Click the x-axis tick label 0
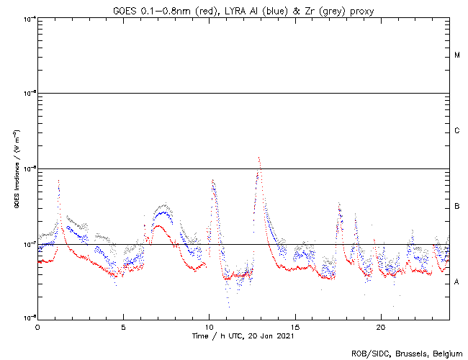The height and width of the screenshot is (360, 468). pos(37,326)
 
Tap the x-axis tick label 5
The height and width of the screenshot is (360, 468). pos(123,326)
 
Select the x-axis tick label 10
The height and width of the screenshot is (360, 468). pos(209,326)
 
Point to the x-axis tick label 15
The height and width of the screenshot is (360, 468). pos(295,326)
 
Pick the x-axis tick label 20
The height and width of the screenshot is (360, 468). pos(381,326)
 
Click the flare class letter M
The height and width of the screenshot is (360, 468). pos(457,55)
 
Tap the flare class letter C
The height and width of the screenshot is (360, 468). pos(457,131)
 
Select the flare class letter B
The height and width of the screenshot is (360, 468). pos(457,207)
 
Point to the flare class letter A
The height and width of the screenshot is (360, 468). pos(457,282)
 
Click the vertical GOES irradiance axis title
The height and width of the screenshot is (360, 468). pos(16,169)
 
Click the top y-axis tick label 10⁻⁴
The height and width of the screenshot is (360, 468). pos(30,18)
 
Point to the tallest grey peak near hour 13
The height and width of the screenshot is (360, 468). pos(258,157)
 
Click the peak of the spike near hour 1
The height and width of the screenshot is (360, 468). pos(58,181)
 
